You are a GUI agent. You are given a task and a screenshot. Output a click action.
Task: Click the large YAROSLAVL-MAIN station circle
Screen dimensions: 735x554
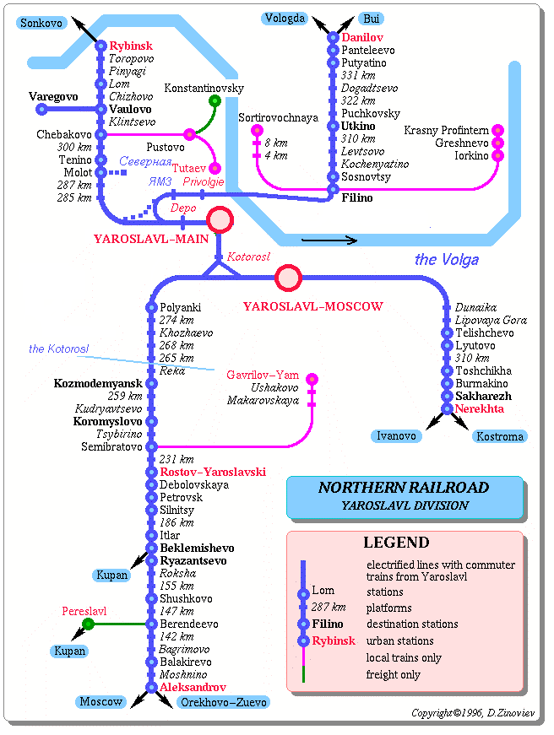click(x=220, y=220)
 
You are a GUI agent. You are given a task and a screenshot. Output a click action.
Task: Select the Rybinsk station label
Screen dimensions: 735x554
click(x=131, y=46)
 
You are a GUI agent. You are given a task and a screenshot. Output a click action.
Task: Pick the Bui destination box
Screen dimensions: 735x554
click(x=370, y=19)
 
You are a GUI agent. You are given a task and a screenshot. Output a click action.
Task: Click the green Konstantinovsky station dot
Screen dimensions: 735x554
click(x=215, y=101)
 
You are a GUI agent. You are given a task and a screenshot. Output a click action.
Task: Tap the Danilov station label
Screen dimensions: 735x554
click(x=362, y=38)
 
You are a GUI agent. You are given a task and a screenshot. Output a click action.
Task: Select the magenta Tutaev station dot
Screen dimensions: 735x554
click(x=215, y=169)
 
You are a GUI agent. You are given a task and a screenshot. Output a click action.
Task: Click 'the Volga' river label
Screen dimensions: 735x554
click(x=446, y=259)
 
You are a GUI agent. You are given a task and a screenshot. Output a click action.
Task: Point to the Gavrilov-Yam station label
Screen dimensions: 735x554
click(x=263, y=375)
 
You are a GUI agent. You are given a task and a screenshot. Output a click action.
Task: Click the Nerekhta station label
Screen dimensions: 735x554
click(x=479, y=409)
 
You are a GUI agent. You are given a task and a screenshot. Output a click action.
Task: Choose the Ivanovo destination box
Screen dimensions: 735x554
click(x=396, y=436)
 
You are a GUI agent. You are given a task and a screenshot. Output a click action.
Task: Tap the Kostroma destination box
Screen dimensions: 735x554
click(x=500, y=436)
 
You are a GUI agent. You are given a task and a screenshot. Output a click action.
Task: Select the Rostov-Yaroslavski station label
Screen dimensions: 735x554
click(x=213, y=473)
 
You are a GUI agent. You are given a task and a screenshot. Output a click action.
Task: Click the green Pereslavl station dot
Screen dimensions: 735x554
click(x=88, y=624)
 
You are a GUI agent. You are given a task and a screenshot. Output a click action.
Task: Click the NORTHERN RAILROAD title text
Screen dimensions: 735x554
click(x=403, y=488)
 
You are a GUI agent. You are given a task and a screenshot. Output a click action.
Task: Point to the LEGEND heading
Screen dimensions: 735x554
click(x=396, y=543)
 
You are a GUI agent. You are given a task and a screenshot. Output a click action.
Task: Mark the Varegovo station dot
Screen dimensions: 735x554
click(x=41, y=110)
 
